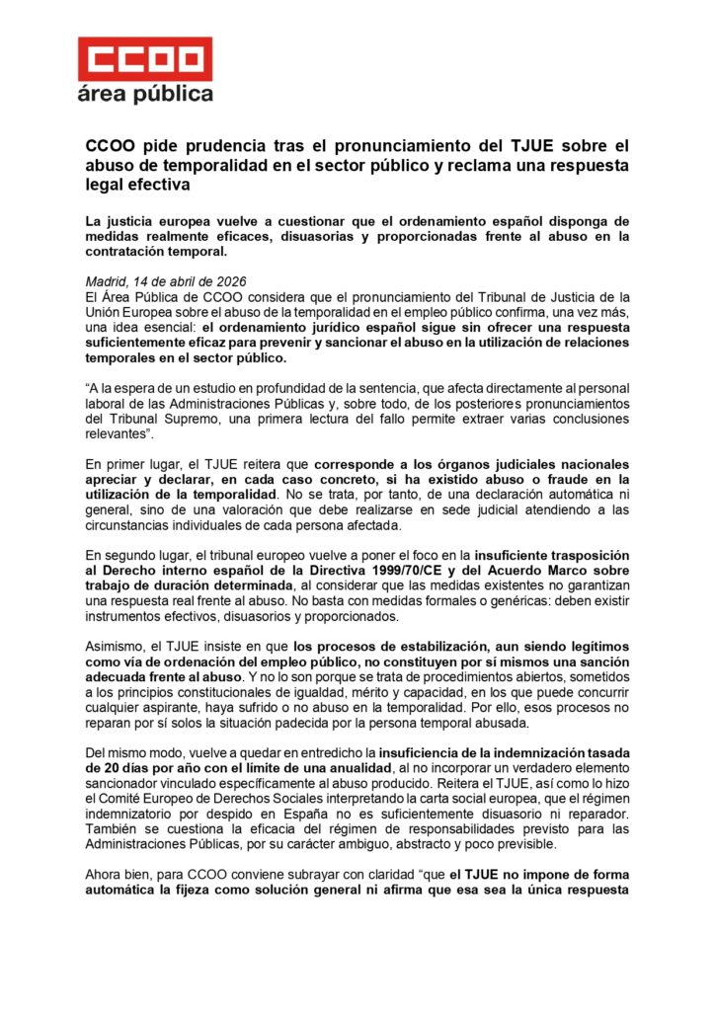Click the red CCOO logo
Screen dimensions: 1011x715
(145, 59)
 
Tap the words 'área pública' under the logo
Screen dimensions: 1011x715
(145, 95)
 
